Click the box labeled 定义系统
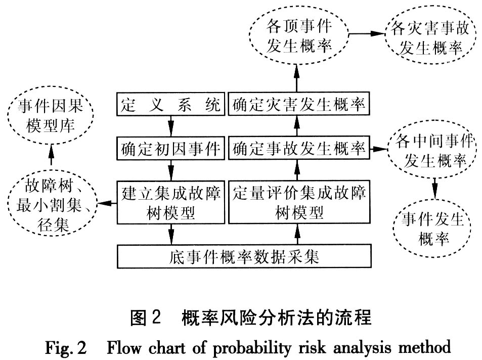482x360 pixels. point(170,106)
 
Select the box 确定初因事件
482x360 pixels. point(170,149)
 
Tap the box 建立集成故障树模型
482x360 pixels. point(170,202)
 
